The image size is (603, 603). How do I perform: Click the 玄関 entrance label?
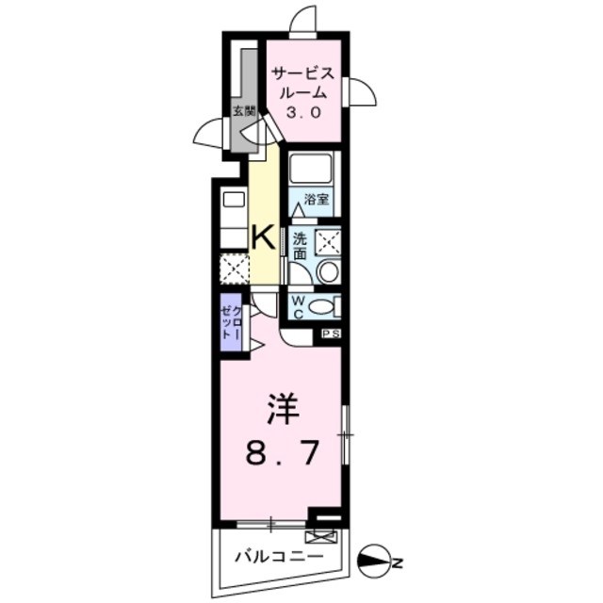(243, 111)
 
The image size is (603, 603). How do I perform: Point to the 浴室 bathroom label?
(315, 199)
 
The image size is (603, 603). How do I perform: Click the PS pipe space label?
(331, 334)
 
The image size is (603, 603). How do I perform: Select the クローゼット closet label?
(231, 323)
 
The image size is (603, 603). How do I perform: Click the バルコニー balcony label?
(278, 556)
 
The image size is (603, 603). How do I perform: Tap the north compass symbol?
(377, 563)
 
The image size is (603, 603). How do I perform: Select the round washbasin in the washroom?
(329, 273)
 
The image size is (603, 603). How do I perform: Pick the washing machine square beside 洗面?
(327, 241)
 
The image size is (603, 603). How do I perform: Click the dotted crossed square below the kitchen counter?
(233, 269)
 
